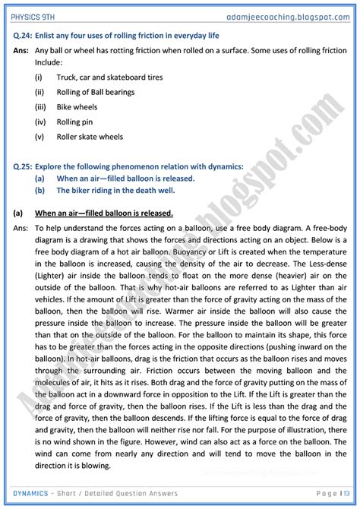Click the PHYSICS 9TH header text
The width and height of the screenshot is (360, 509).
(35, 13)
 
